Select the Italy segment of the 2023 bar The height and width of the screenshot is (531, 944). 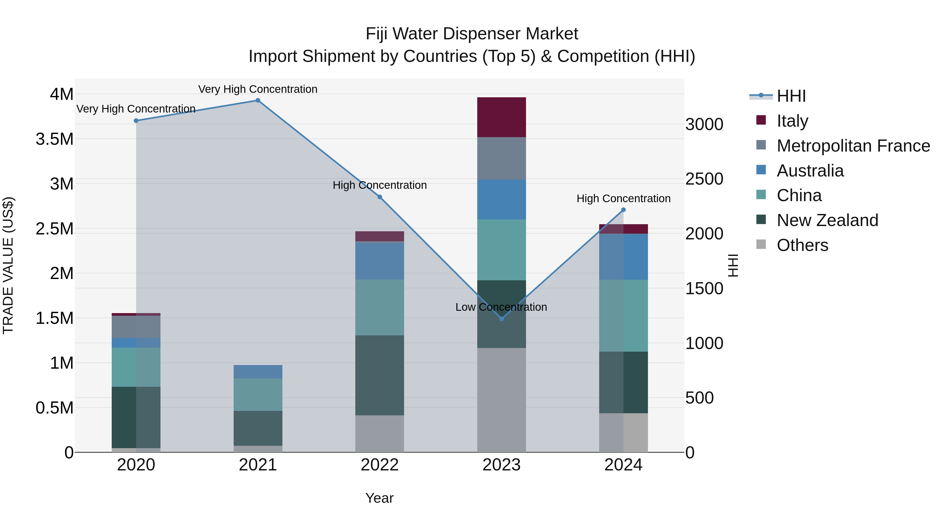click(501, 117)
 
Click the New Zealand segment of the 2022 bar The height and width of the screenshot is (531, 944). click(380, 375)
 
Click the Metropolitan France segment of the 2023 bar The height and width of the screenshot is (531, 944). click(501, 158)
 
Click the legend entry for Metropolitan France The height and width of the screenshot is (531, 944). click(853, 146)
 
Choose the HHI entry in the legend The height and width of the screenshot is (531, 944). click(791, 96)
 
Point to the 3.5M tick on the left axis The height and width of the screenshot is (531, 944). click(54, 139)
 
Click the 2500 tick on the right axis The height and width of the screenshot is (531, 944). click(704, 179)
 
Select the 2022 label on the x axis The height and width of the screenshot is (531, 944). click(380, 465)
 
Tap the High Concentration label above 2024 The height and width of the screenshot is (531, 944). click(623, 199)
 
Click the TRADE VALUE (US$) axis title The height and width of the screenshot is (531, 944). click(8, 265)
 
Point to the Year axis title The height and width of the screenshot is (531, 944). click(379, 498)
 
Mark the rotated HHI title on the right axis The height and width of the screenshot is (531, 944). click(733, 265)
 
